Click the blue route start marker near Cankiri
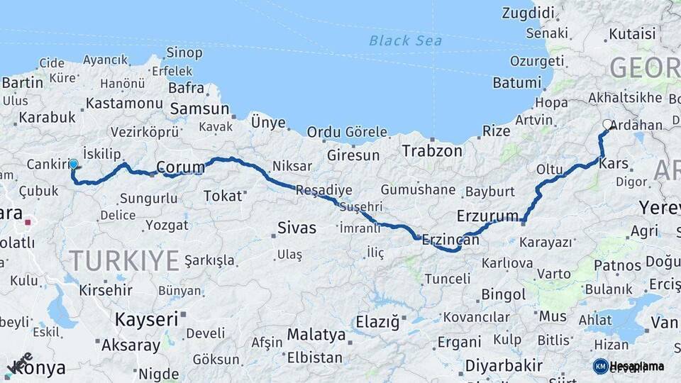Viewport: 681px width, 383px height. (73, 164)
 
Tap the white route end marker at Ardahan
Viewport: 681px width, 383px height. (607, 125)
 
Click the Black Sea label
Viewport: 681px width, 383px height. (405, 40)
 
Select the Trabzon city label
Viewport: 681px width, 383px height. (431, 150)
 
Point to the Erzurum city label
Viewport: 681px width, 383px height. (488, 216)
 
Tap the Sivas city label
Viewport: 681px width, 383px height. (296, 228)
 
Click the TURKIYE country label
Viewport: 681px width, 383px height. (124, 261)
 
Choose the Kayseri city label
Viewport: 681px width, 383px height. (146, 319)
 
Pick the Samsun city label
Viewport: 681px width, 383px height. (199, 109)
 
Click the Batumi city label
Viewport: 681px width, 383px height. (516, 82)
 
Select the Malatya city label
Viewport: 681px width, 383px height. (316, 335)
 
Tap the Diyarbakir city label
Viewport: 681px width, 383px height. (504, 366)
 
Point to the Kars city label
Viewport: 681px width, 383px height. (614, 164)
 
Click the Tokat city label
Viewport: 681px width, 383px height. (223, 196)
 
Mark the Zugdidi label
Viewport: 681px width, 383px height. (528, 13)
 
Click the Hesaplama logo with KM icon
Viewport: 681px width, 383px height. (628, 366)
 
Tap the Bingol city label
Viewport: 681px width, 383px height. (503, 294)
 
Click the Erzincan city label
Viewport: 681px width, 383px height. (450, 241)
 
